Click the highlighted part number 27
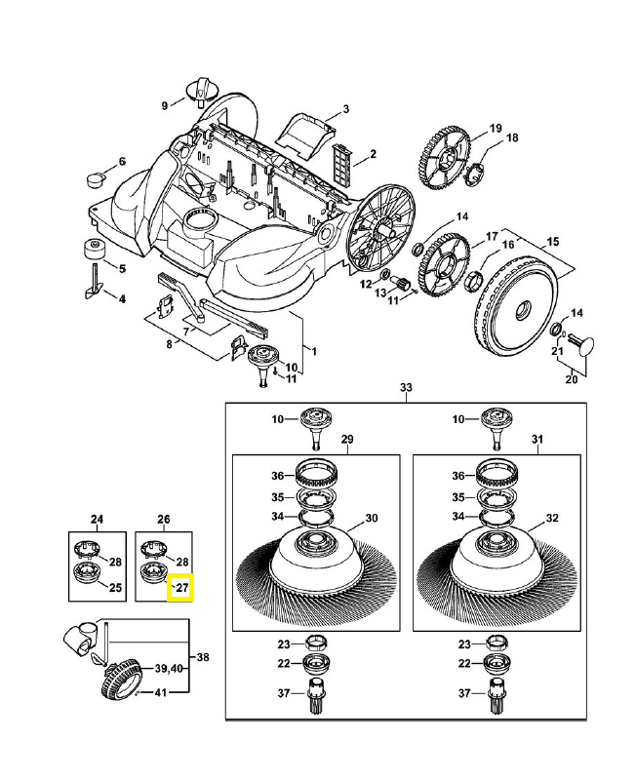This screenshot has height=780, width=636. pyautogui.click(x=181, y=588)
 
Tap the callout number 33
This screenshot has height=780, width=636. pyautogui.click(x=406, y=388)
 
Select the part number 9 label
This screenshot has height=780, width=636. pyautogui.click(x=165, y=105)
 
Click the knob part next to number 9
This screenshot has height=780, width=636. pyautogui.click(x=202, y=91)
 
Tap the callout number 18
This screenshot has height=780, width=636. pyautogui.click(x=511, y=137)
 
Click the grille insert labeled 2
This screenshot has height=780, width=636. pyautogui.click(x=341, y=159)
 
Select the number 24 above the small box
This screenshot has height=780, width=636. pyautogui.click(x=97, y=518)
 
